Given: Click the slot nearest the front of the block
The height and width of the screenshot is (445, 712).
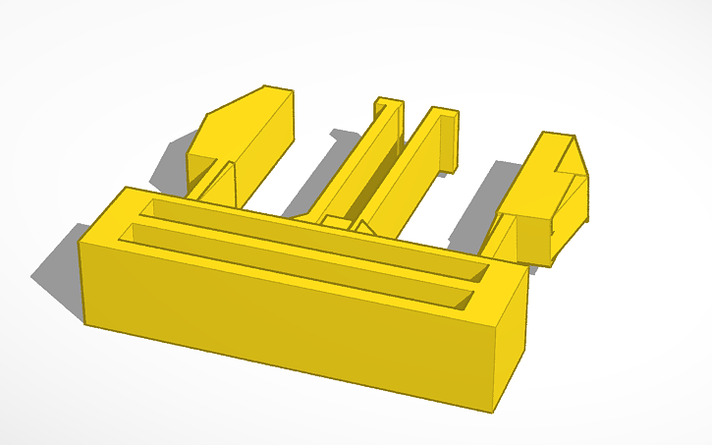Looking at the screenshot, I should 295,265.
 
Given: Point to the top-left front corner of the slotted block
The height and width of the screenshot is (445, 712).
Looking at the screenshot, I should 81,239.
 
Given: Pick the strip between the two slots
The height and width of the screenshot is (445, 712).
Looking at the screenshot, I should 304,251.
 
